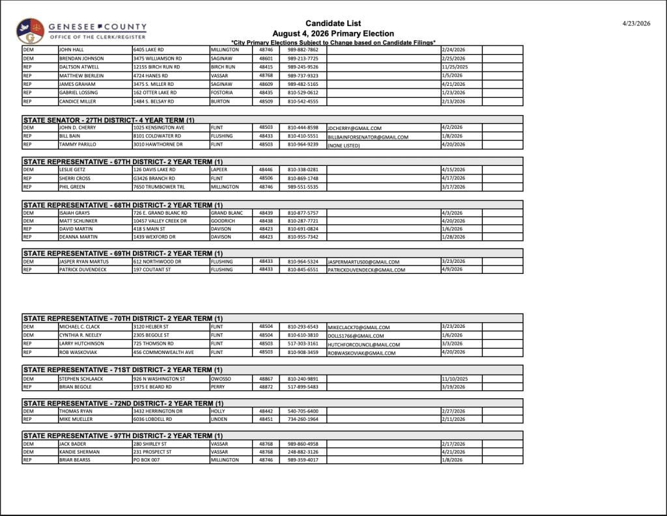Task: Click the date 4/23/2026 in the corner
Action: (636, 23)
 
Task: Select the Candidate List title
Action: (333, 23)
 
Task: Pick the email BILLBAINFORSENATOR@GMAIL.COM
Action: (368, 137)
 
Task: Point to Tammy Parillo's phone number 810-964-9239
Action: (303, 145)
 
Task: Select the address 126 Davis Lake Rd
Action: (153, 169)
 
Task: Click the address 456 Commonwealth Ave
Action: (163, 352)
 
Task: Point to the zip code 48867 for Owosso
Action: (266, 378)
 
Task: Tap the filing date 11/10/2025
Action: (455, 378)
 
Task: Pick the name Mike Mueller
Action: (76, 419)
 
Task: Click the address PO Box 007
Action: (147, 460)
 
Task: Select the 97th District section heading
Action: (123, 435)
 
